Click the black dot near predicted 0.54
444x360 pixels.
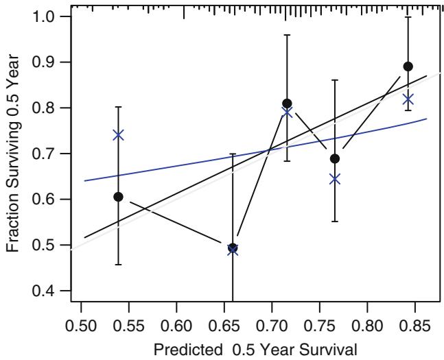tap(118, 197)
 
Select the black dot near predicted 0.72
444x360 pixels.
tap(287, 104)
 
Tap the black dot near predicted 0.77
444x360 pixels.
tap(335, 158)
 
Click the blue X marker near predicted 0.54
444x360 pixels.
tap(118, 134)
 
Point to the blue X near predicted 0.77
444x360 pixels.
tap(335, 179)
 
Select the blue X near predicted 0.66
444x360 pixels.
tap(233, 249)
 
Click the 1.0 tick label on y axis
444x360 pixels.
tap(49, 16)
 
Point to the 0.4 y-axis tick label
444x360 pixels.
tap(49, 291)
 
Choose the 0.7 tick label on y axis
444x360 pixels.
tap(49, 154)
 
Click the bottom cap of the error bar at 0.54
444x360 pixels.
tap(118, 265)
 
